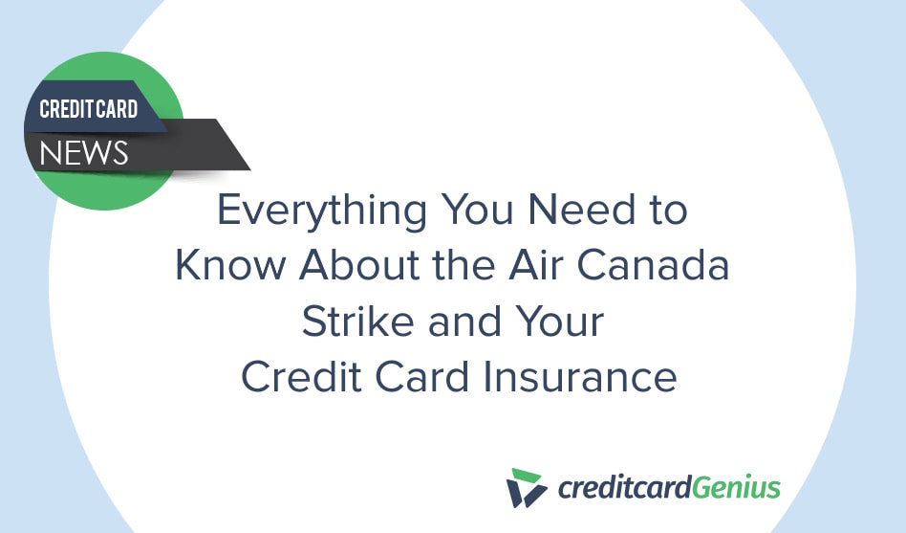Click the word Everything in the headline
(322, 211)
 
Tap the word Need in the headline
(582, 209)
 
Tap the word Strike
(357, 321)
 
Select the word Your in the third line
(560, 321)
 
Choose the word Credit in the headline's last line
(302, 377)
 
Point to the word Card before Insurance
(422, 377)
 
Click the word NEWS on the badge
(84, 153)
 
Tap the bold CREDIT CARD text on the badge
(89, 109)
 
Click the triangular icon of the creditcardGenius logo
(526, 488)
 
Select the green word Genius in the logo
(736, 487)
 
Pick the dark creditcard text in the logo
(625, 487)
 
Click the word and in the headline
(464, 321)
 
